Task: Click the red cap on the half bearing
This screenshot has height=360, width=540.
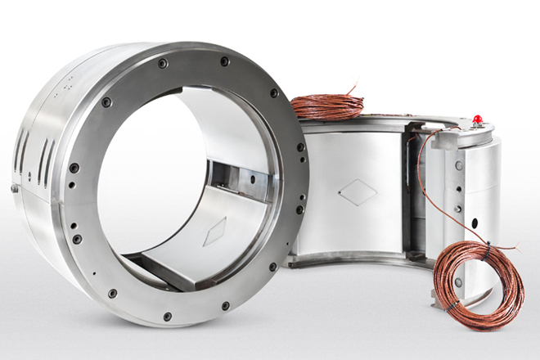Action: tap(478, 119)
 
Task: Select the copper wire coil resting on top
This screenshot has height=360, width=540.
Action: tap(327, 105)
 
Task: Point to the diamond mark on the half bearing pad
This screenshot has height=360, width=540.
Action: tap(358, 193)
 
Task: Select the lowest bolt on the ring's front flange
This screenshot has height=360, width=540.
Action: tap(167, 316)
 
